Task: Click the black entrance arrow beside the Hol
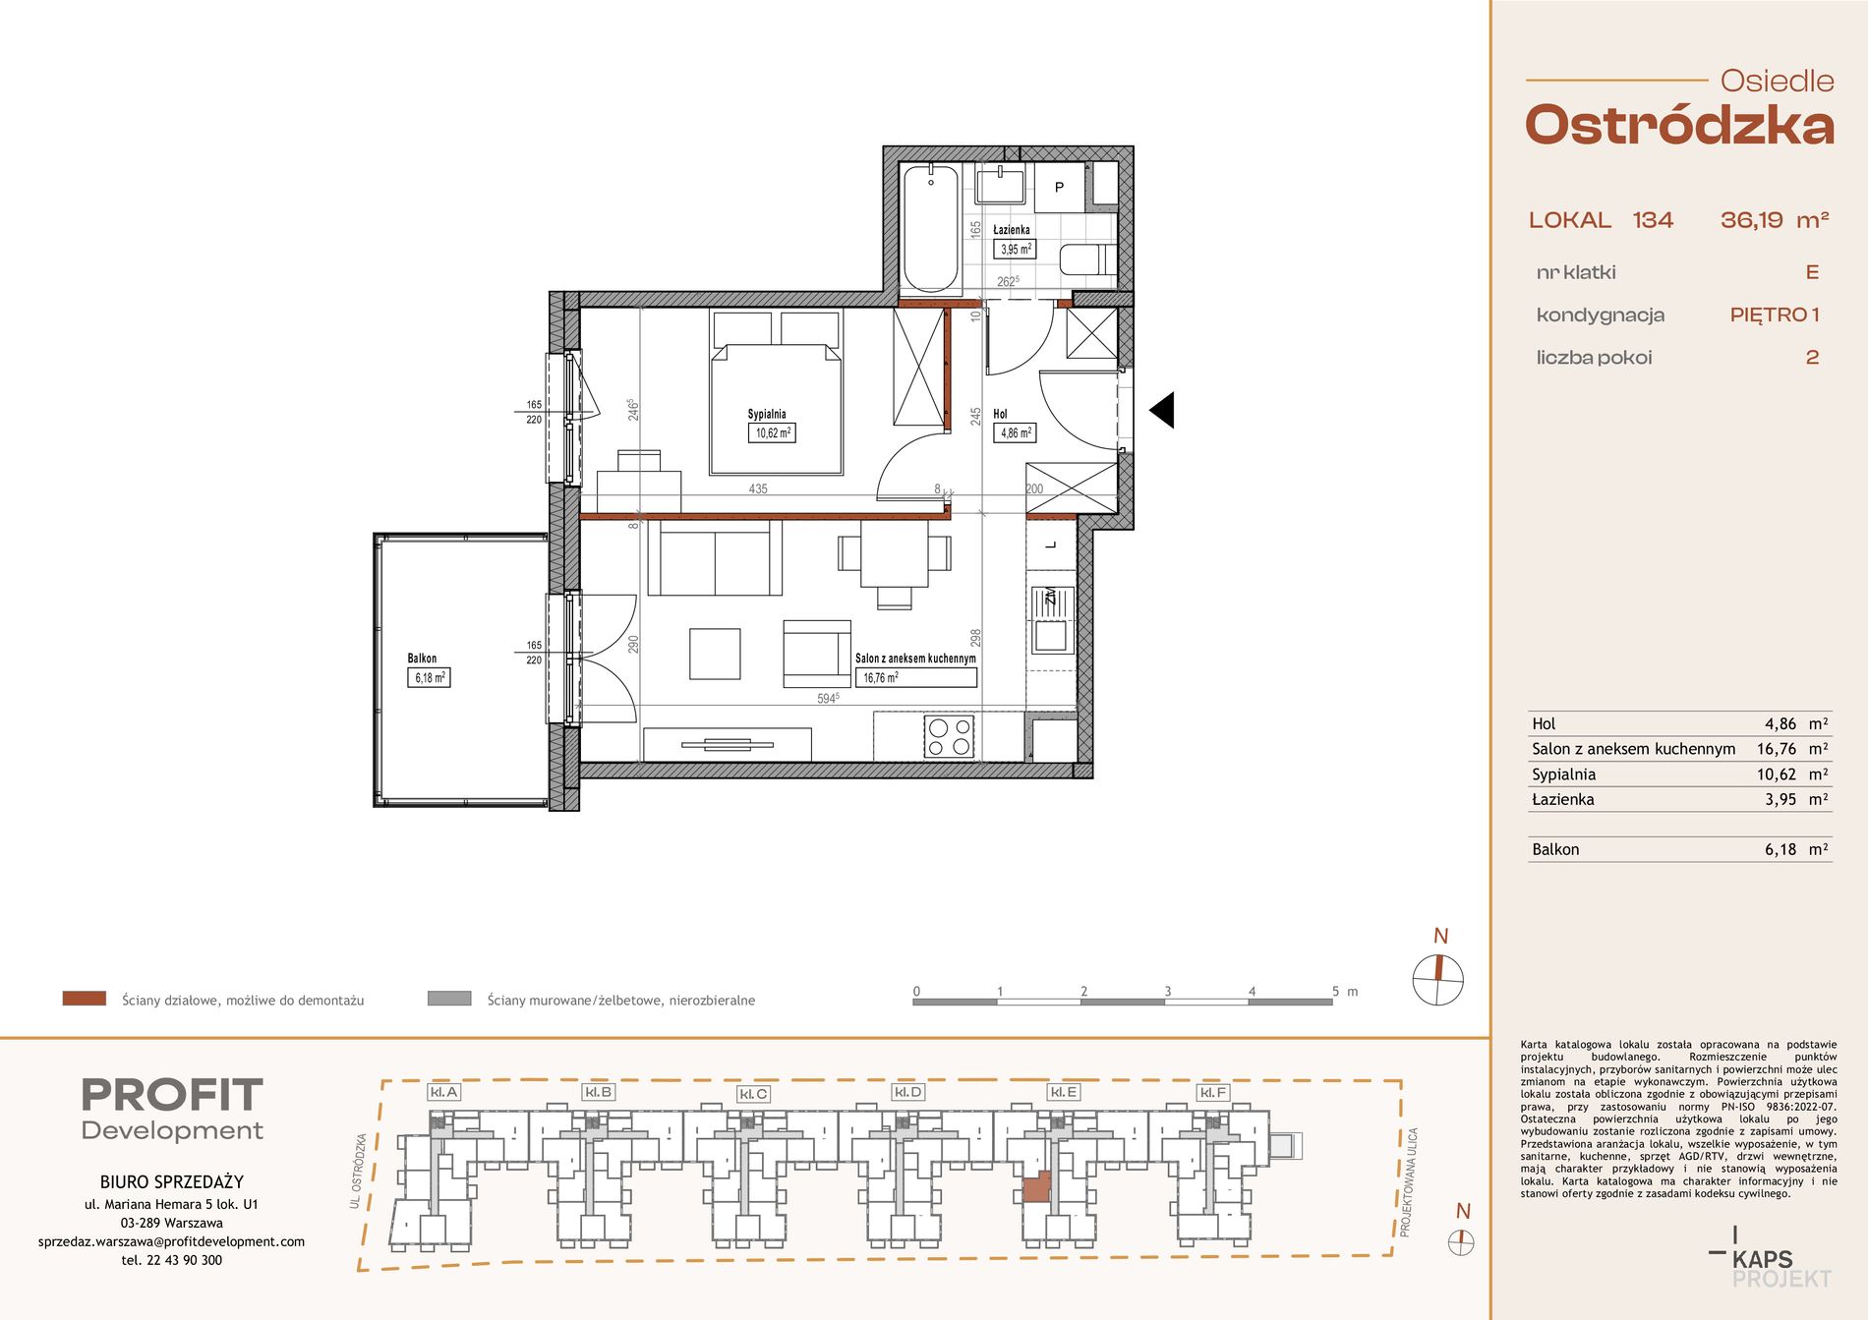coord(1164,410)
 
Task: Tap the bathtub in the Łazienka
coord(930,229)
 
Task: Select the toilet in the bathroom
coord(1087,259)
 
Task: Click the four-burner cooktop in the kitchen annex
coord(949,737)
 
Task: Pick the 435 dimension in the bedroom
coord(758,488)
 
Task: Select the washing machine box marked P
coord(1059,187)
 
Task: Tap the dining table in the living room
coord(894,553)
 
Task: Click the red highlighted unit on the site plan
coord(1036,1188)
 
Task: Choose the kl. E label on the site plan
coord(1064,1092)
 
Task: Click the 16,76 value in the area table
coord(1776,749)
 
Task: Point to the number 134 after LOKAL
coord(1653,220)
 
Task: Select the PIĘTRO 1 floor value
coord(1775,315)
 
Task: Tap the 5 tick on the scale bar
coord(1335,991)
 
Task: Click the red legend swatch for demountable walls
coord(85,999)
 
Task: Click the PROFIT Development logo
coord(172,1109)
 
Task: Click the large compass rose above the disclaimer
coord(1438,980)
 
